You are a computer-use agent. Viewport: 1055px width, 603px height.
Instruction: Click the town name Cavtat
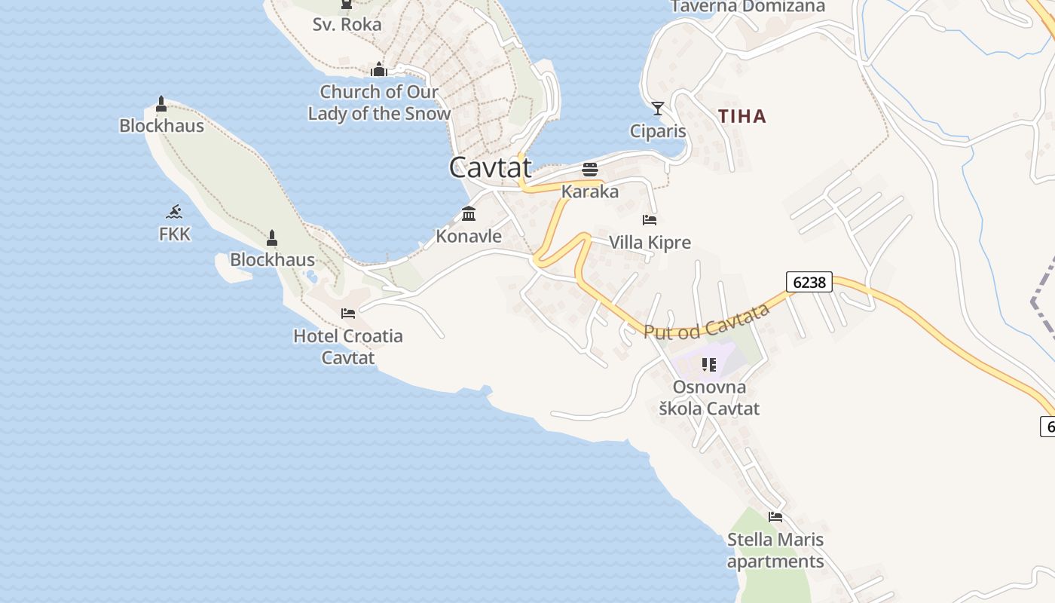(x=491, y=167)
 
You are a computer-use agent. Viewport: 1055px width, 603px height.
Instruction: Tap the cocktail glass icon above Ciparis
(x=658, y=109)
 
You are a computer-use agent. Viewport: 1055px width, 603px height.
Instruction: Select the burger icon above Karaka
(x=590, y=170)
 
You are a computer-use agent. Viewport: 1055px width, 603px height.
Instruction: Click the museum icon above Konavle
(x=469, y=214)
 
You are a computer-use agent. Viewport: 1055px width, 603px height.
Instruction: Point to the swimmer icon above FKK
(x=175, y=212)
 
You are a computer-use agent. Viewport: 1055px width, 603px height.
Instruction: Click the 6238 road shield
(x=809, y=282)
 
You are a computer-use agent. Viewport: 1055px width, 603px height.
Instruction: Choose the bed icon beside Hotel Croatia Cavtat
(x=348, y=314)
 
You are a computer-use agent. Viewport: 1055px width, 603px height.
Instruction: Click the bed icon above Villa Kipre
(x=650, y=220)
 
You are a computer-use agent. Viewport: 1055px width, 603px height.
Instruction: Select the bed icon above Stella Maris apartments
(x=775, y=517)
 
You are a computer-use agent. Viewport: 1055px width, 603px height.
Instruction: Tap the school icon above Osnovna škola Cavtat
(x=709, y=365)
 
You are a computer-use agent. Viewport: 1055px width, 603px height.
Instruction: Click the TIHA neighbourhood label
(x=742, y=116)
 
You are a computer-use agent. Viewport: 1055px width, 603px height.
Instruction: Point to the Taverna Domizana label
(x=748, y=7)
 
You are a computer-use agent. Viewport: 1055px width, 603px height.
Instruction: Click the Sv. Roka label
(x=347, y=24)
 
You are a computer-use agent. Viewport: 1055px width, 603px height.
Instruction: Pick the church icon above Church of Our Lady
(x=379, y=70)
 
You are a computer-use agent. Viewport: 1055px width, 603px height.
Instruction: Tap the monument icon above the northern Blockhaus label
(x=161, y=104)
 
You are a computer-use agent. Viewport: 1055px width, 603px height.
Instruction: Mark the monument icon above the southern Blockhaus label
(x=272, y=238)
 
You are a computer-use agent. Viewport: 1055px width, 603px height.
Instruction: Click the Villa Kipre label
(x=650, y=243)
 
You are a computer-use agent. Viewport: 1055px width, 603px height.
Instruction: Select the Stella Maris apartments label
(x=775, y=550)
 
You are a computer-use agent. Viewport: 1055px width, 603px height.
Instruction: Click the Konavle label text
(x=469, y=236)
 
